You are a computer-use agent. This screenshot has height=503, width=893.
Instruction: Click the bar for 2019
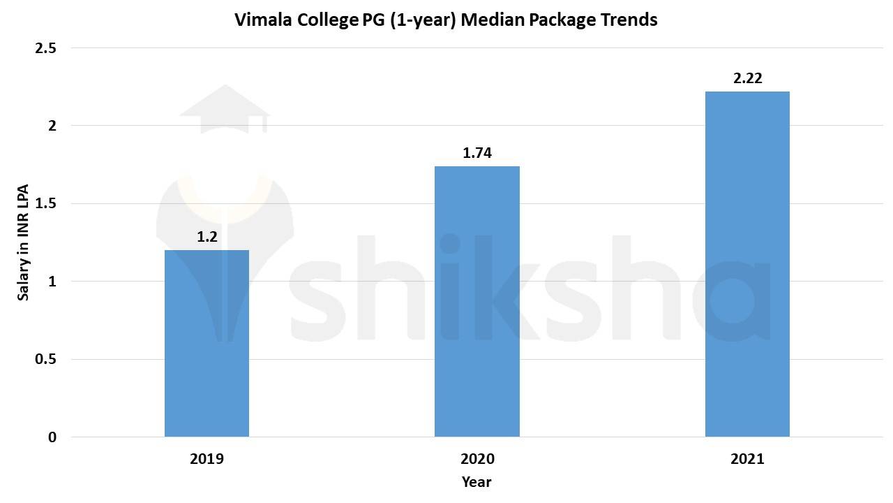pos(207,343)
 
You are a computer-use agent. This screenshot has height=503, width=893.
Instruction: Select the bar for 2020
pos(477,301)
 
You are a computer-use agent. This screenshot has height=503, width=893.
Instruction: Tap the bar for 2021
pos(747,264)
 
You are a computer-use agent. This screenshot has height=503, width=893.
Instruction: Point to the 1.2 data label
pos(207,237)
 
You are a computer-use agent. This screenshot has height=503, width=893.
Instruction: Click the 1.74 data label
pos(477,153)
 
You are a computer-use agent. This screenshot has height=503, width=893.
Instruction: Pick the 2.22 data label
pos(747,78)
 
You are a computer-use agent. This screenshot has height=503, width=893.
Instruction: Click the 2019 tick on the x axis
pos(207,459)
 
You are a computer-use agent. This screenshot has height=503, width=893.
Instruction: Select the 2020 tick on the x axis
pos(477,459)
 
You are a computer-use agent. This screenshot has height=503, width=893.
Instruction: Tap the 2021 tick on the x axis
pos(747,459)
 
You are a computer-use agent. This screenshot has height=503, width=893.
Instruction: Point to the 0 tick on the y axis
pos(52,437)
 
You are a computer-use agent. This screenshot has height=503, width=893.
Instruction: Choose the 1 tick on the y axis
pos(52,282)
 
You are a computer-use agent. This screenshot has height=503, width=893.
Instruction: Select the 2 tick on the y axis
pos(52,126)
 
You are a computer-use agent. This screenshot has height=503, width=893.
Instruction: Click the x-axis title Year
pos(476,482)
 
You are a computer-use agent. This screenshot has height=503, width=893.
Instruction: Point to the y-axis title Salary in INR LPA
pos(24,243)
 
